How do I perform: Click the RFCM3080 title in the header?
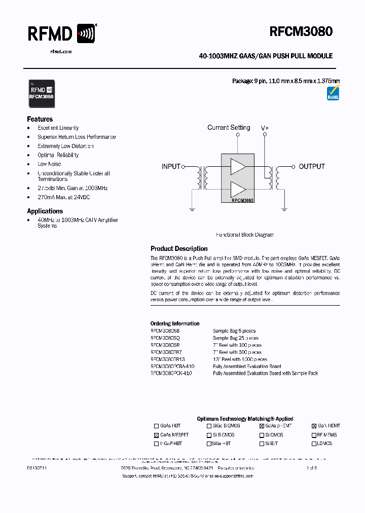point(301,31)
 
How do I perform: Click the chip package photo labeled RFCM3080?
point(41,93)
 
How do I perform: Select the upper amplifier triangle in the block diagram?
point(238,166)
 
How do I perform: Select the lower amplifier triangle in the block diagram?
point(238,190)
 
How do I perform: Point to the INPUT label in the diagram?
point(171,166)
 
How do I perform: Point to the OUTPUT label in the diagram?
point(312,166)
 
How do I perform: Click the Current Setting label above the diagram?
point(229,128)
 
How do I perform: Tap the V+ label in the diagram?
point(265,128)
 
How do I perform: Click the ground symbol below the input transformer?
point(192,207)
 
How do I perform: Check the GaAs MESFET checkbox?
point(156,435)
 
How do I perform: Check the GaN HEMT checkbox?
point(314,426)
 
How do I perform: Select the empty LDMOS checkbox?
point(314,444)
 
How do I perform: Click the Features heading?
point(40,119)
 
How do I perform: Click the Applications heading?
point(45,211)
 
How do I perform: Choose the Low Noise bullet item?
point(49,164)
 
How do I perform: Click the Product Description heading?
point(179,249)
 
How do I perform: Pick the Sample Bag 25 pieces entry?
point(236,338)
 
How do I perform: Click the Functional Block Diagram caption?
point(245,235)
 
